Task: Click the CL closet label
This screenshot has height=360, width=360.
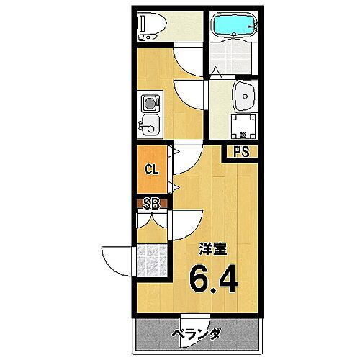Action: [152, 171]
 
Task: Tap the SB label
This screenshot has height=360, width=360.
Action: [152, 202]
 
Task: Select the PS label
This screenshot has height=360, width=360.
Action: [240, 152]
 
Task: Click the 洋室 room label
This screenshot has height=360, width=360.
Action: [215, 249]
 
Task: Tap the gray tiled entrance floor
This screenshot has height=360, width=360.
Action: [152, 261]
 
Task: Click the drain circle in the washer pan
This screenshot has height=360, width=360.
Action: [243, 132]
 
